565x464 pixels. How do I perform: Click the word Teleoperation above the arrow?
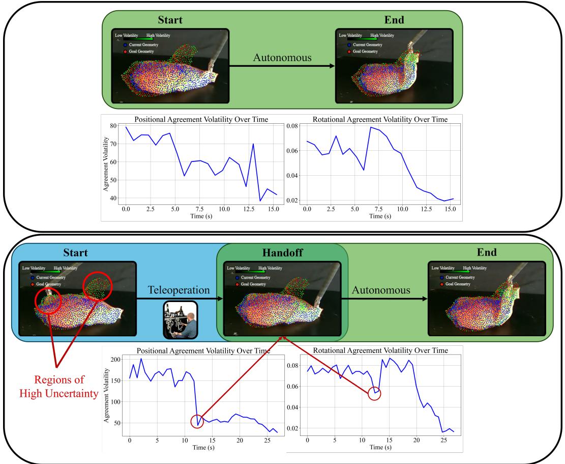click(180, 290)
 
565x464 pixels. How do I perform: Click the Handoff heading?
click(283, 253)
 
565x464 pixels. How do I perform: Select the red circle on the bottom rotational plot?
click(374, 393)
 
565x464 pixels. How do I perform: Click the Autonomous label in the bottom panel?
click(379, 290)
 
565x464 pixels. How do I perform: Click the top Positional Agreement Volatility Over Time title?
click(201, 120)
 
